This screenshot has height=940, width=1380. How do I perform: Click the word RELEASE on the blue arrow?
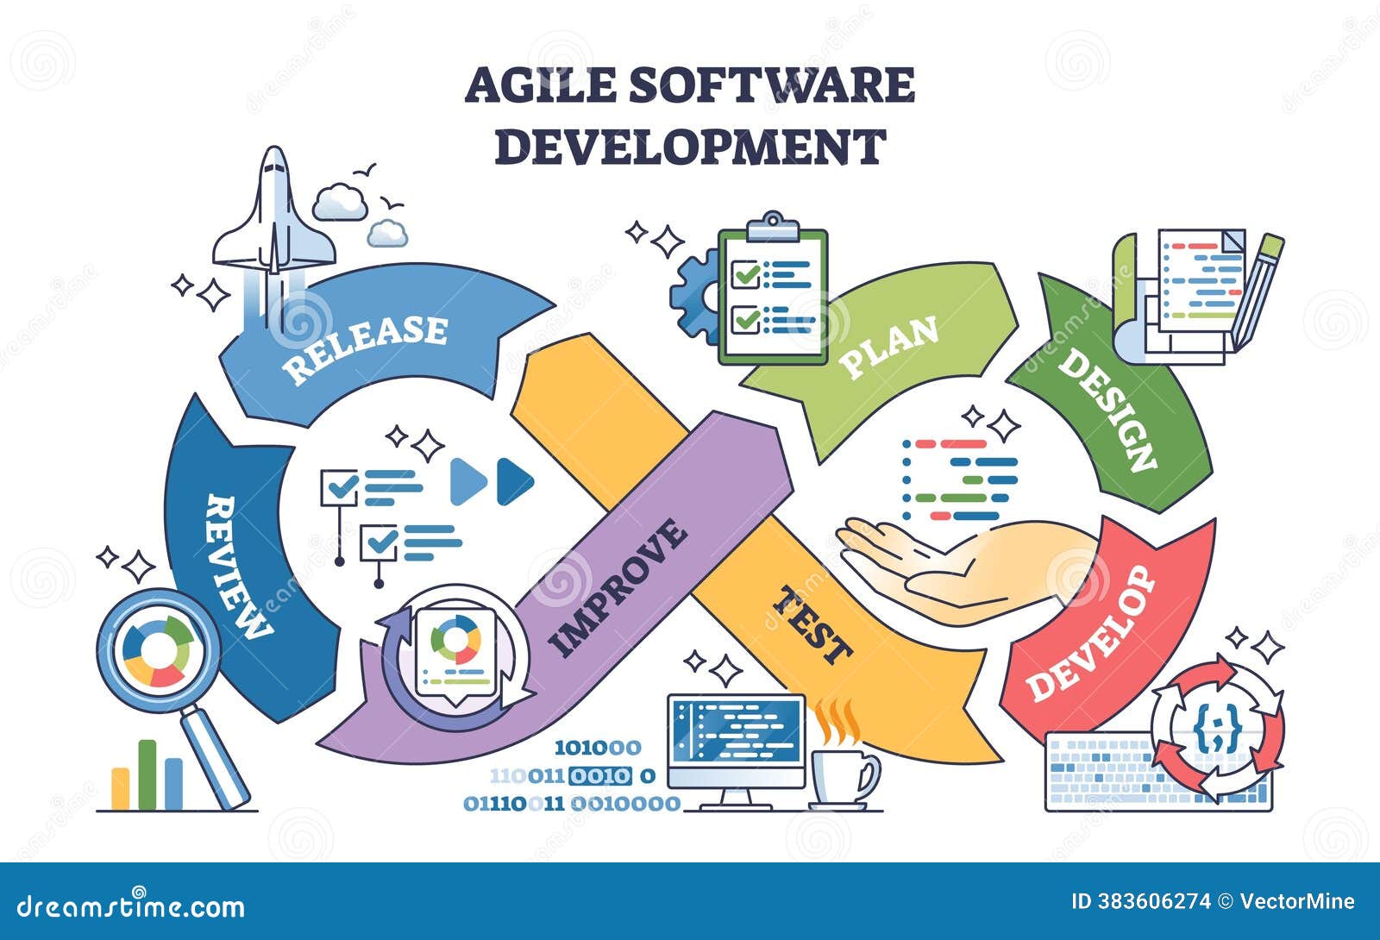366,347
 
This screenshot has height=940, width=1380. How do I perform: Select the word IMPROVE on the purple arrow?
618,588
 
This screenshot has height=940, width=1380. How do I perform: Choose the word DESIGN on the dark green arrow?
1107,409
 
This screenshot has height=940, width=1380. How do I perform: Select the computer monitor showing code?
735,741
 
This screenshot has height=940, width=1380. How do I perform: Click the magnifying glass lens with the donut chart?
158,650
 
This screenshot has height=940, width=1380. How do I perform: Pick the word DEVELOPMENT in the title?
690,147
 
